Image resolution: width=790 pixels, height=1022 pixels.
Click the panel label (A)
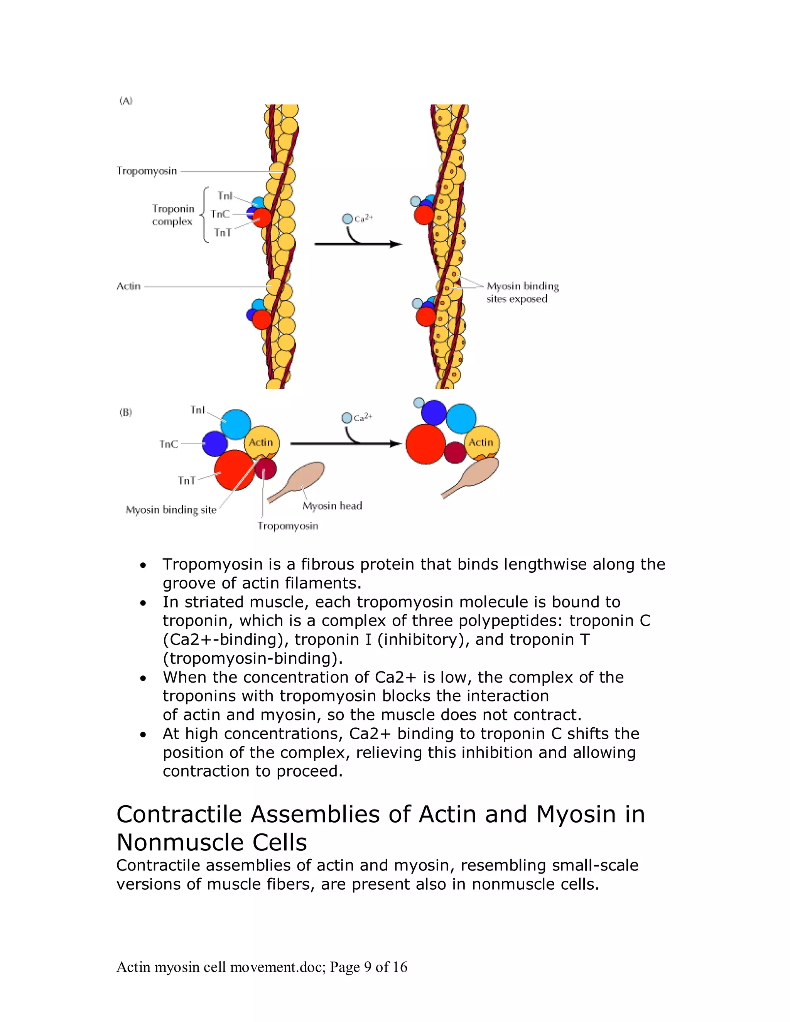tap(126, 101)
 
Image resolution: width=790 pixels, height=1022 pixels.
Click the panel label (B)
tap(125, 412)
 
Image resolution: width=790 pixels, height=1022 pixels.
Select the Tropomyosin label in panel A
tap(147, 171)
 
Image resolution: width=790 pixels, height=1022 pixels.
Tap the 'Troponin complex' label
tap(172, 215)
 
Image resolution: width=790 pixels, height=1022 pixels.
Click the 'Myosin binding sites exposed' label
tap(522, 292)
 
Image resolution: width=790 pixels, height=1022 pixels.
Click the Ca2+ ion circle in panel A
tap(347, 219)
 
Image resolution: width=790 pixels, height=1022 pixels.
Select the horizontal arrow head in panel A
tap(397, 244)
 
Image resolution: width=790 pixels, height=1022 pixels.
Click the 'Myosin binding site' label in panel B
tap(171, 509)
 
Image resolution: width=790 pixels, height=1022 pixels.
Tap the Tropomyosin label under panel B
tap(287, 526)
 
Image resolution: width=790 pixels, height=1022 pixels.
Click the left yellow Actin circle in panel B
tap(261, 442)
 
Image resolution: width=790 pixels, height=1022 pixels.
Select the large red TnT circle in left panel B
tap(234, 469)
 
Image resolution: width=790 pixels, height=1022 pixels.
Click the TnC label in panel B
tap(169, 444)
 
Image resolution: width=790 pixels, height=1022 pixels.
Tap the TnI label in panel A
tap(225, 196)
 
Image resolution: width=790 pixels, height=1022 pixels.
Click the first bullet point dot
tap(143, 565)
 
